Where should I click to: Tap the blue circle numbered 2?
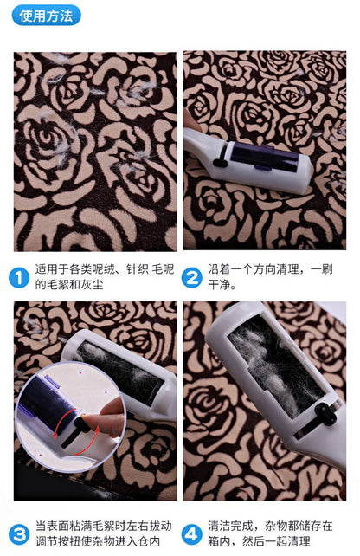point(192,277)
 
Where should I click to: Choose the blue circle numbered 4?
point(192,533)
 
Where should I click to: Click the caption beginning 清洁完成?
point(272,533)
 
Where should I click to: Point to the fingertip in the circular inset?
point(108,424)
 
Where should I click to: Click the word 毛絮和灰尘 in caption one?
point(66,285)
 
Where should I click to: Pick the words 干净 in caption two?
point(222,285)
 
